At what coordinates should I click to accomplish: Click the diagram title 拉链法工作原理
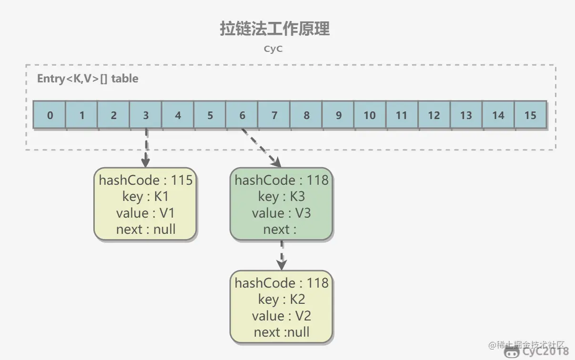tap(274, 29)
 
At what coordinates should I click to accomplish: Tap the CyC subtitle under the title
tap(273, 49)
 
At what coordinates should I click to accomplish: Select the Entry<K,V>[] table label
tap(88, 79)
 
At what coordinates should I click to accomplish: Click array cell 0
tap(50, 115)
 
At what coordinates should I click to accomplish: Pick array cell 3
tap(146, 115)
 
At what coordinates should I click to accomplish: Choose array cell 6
tap(242, 115)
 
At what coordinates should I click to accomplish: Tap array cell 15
tap(530, 115)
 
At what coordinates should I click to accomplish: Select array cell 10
tap(370, 115)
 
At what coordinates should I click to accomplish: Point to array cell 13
tap(466, 115)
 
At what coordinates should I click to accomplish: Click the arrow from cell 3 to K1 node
tap(146, 148)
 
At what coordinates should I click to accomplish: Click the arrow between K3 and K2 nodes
tap(282, 255)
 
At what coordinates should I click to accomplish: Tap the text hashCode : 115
tap(146, 180)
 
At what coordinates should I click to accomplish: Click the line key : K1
tap(146, 197)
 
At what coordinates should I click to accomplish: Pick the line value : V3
tap(282, 213)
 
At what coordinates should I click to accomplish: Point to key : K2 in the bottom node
tap(282, 300)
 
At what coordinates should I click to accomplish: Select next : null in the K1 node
tap(146, 230)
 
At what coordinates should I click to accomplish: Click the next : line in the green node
tap(280, 230)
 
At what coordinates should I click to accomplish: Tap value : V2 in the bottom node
tap(282, 316)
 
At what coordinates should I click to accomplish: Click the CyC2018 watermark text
tap(545, 352)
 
